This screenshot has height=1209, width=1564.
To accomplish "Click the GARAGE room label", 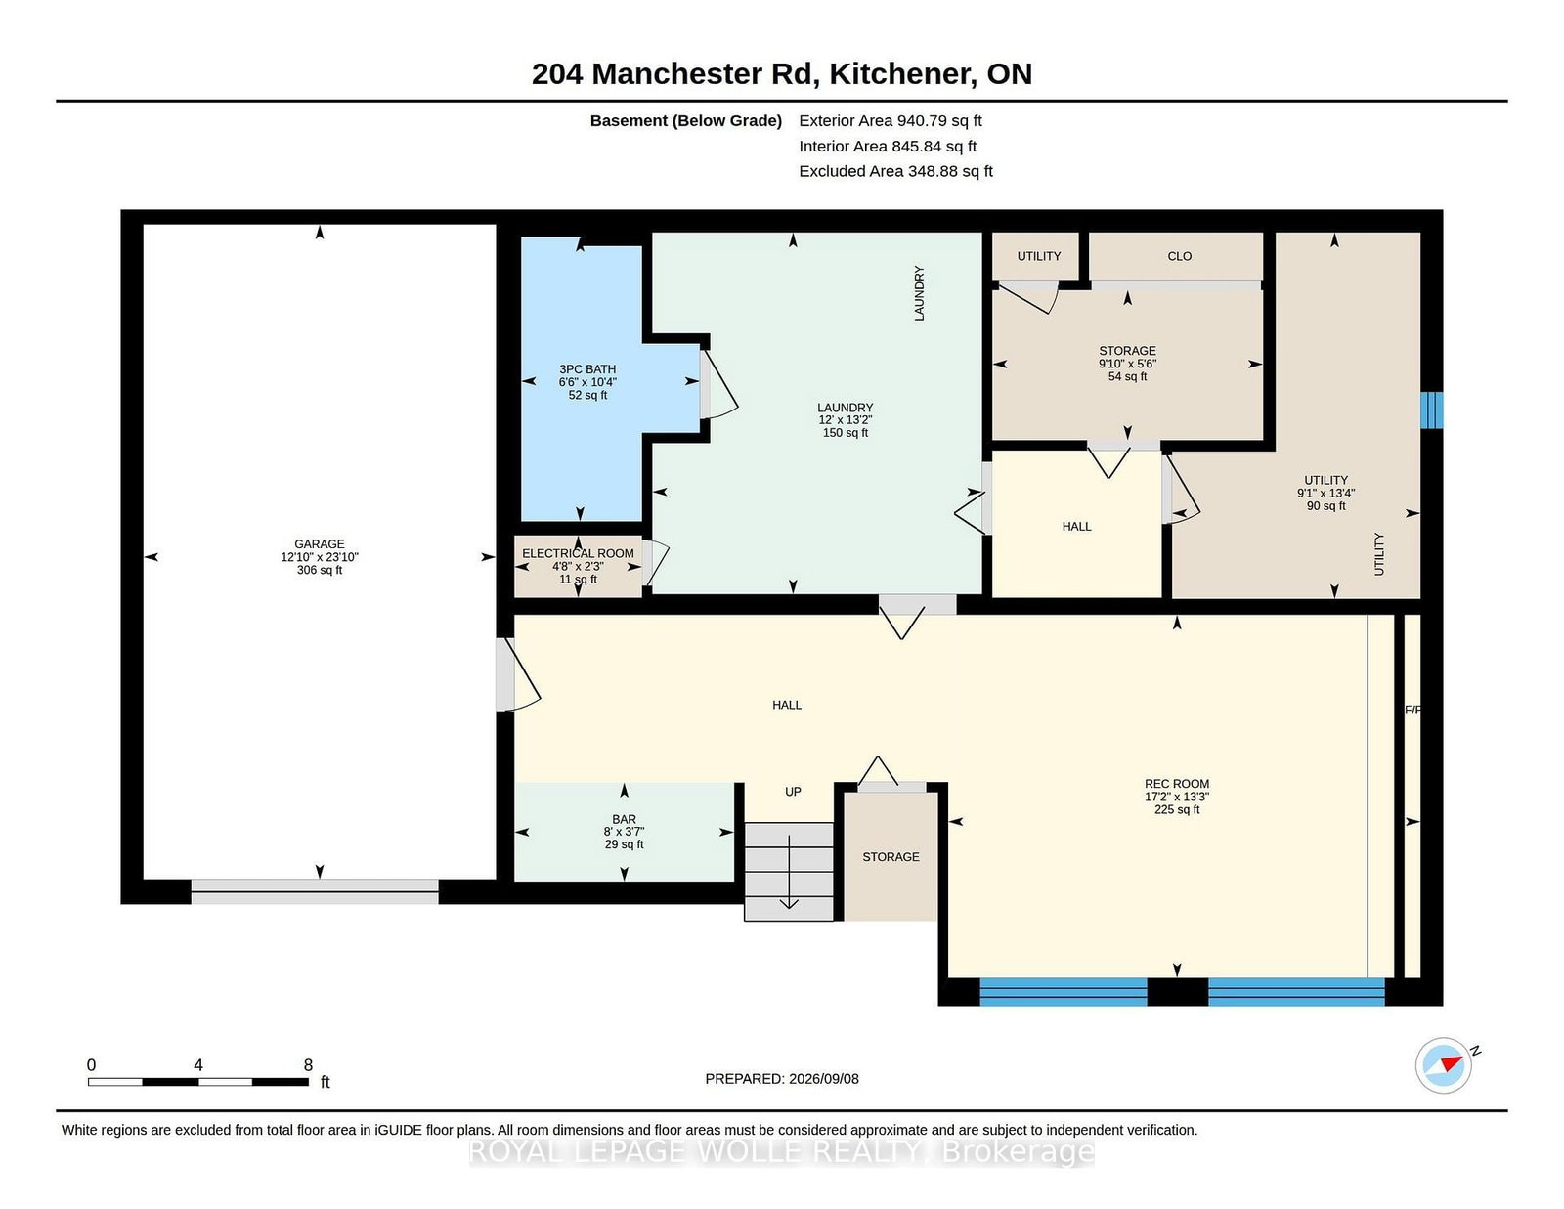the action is point(319,544).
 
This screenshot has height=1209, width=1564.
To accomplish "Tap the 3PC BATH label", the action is point(587,369).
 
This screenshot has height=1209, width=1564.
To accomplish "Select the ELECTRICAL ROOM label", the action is point(578,553).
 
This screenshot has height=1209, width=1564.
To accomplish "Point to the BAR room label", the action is point(624,819).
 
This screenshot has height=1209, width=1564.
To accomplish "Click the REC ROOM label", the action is point(1177,784).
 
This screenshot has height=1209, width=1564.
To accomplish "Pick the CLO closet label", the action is point(1179,256).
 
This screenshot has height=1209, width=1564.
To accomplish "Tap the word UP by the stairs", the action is point(793,792).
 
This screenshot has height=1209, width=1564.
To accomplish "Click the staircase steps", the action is point(789,872).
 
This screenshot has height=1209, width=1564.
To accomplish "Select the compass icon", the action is point(1443,1065).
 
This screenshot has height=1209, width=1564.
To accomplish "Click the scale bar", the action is point(197,1082).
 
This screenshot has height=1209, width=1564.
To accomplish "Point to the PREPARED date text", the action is point(782,1079).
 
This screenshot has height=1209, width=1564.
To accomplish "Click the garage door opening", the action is point(315,891).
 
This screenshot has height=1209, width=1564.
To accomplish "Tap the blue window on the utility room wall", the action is point(1432,410).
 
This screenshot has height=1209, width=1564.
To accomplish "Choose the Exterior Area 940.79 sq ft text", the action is point(890,121).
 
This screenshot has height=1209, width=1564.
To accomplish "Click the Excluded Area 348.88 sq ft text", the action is point(895,171).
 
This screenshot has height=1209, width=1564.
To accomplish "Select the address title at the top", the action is point(782,74).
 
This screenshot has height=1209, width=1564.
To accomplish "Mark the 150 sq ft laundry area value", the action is point(845,433).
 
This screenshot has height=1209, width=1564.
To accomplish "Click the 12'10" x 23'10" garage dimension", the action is point(319,557).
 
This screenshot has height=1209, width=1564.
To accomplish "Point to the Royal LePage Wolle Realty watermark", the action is point(782,1152).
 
